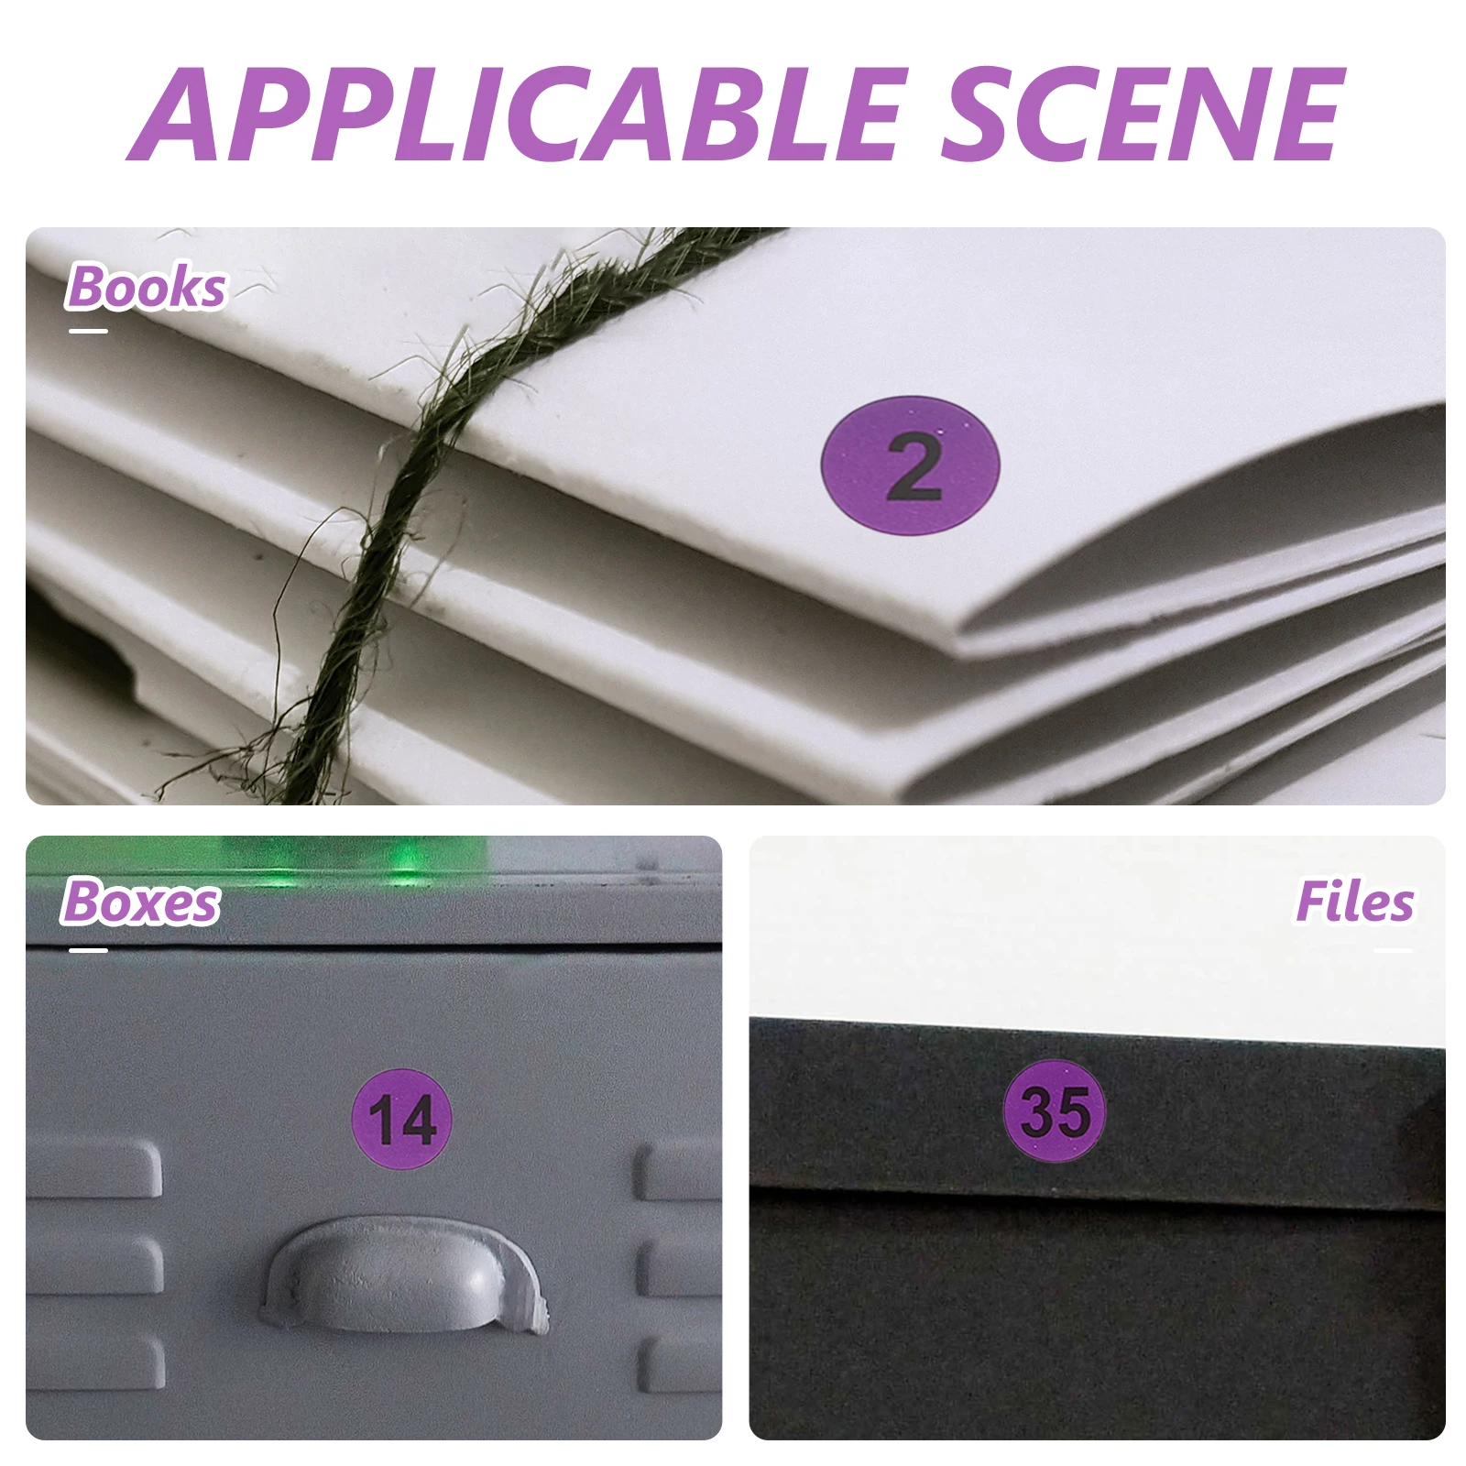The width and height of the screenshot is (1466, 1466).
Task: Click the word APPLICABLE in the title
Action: coord(518,114)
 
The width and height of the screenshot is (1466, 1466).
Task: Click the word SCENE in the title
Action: coord(1143,114)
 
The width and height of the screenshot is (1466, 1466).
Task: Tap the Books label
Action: coord(147,287)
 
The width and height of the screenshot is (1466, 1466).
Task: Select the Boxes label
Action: coord(140,902)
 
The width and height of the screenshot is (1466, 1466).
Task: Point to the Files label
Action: coord(1354,902)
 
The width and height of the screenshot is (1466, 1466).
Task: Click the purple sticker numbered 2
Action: coord(910,465)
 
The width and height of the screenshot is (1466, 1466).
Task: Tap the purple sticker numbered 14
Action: coord(402,1118)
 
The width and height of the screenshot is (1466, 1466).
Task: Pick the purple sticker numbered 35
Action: coord(1056,1111)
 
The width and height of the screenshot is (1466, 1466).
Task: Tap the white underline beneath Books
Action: coord(89,331)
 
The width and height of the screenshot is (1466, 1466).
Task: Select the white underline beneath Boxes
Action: coord(89,950)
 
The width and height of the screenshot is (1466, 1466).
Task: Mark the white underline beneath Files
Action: coord(1393,950)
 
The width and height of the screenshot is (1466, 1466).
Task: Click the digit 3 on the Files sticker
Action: coord(1037,1112)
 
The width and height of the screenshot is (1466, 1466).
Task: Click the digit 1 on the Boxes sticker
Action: coord(382,1120)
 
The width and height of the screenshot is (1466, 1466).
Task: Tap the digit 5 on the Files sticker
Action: coord(1074,1112)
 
